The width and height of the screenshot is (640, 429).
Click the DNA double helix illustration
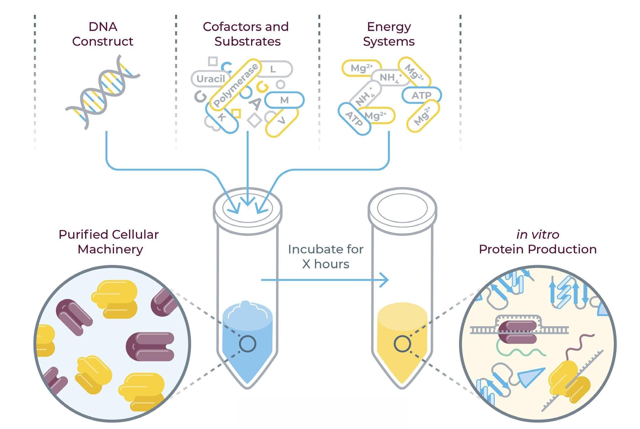pyautogui.click(x=102, y=92)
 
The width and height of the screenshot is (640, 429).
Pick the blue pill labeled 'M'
pyautogui.click(x=284, y=100)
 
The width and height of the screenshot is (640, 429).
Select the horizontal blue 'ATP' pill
pyautogui.click(x=421, y=95)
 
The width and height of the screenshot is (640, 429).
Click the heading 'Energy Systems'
pyautogui.click(x=389, y=34)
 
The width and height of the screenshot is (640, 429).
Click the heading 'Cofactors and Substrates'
pyautogui.click(x=246, y=34)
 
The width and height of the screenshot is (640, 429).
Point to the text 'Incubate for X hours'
pyautogui.click(x=326, y=256)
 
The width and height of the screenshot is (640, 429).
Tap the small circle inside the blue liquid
pyautogui.click(x=247, y=344)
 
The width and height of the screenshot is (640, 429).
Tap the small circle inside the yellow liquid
pyautogui.click(x=402, y=344)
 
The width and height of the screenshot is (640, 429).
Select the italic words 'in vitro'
pyautogui.click(x=538, y=235)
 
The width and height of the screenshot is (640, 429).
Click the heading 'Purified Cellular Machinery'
pyautogui.click(x=109, y=242)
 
